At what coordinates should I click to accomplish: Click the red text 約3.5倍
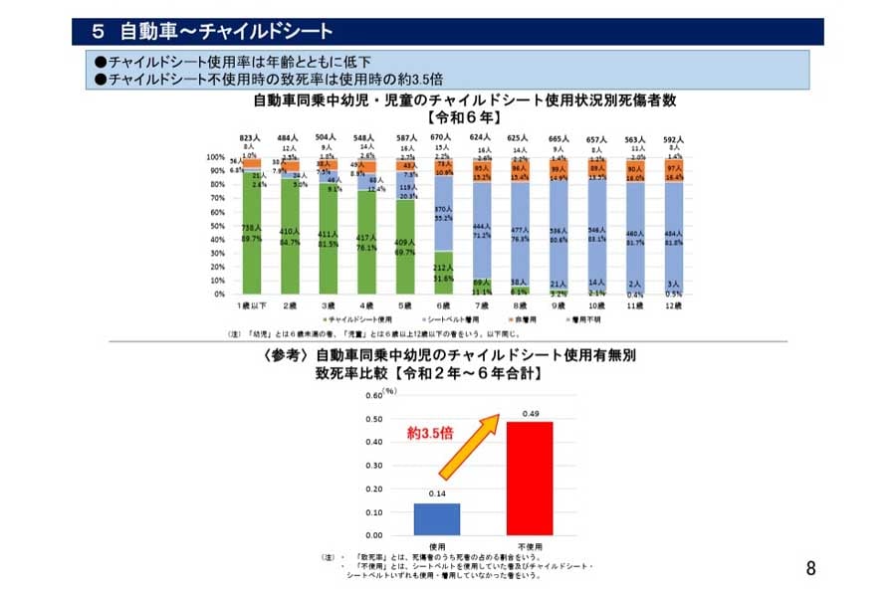(x=430, y=434)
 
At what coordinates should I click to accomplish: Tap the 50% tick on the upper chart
(x=216, y=226)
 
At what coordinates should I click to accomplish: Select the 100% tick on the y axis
(x=214, y=157)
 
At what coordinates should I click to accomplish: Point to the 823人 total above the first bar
(x=249, y=138)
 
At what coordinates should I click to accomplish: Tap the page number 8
(x=810, y=569)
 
